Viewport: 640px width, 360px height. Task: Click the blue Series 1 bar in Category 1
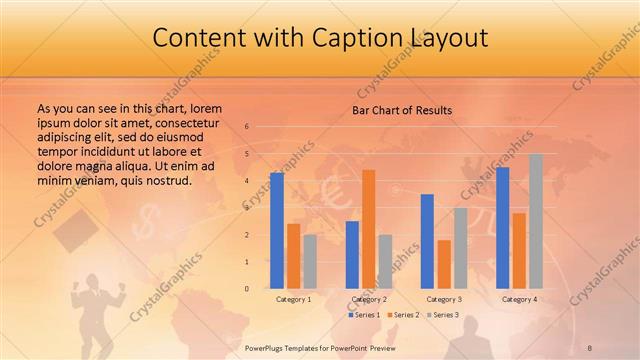pyautogui.click(x=277, y=231)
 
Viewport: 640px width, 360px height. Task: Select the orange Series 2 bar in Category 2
pyautogui.click(x=368, y=229)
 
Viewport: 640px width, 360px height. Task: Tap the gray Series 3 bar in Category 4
pyautogui.click(x=535, y=221)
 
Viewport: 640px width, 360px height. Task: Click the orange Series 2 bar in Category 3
pyautogui.click(x=444, y=264)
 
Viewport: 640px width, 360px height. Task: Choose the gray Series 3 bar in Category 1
pyautogui.click(x=310, y=261)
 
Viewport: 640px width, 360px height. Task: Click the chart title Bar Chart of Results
pyautogui.click(x=402, y=110)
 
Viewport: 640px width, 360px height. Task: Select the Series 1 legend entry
pyautogui.click(x=364, y=315)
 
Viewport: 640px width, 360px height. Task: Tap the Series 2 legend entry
pyautogui.click(x=402, y=315)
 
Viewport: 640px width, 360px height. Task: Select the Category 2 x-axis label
pyautogui.click(x=369, y=299)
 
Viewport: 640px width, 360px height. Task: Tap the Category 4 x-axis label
pyautogui.click(x=519, y=299)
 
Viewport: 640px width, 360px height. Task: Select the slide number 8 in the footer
pyautogui.click(x=590, y=346)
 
